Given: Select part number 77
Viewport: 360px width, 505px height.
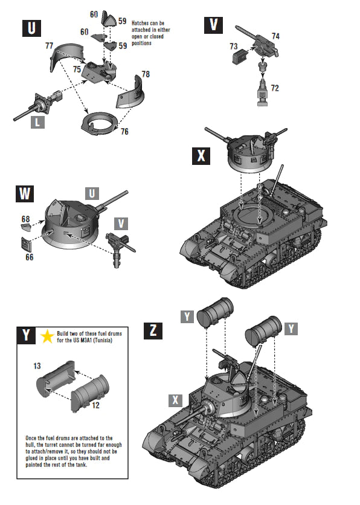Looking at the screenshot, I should click(x=50, y=45).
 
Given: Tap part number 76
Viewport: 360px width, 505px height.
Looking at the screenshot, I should click(x=125, y=132).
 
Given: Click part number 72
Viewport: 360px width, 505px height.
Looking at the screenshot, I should click(x=275, y=88).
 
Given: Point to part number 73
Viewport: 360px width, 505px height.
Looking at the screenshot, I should click(x=234, y=46).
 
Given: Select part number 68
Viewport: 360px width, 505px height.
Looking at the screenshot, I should click(x=25, y=218).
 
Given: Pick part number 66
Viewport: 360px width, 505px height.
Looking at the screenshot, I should click(x=29, y=257).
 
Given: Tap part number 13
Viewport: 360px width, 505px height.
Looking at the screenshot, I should click(x=37, y=366).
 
